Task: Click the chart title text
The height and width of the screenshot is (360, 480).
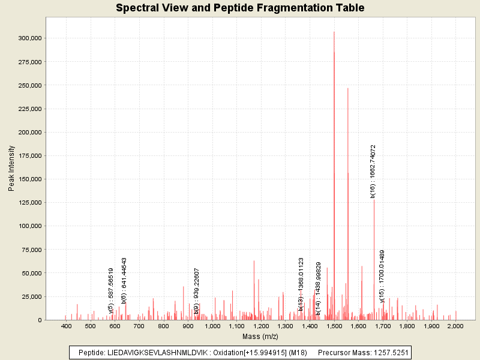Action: pos(240,8)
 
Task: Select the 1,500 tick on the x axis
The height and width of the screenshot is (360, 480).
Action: pos(334,326)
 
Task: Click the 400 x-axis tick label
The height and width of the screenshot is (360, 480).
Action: pos(67,326)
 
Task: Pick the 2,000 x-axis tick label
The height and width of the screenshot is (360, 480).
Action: pos(455,326)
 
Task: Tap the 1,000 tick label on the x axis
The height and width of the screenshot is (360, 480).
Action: pos(212,326)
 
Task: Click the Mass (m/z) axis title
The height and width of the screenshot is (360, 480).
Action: pos(260,337)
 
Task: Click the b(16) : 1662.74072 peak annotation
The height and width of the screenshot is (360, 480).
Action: pos(373,171)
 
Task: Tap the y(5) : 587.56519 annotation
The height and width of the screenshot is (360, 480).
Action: pos(111,290)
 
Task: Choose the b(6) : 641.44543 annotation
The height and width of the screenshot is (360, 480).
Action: pos(124,281)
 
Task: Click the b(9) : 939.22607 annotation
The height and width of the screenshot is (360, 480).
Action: pos(196,283)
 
